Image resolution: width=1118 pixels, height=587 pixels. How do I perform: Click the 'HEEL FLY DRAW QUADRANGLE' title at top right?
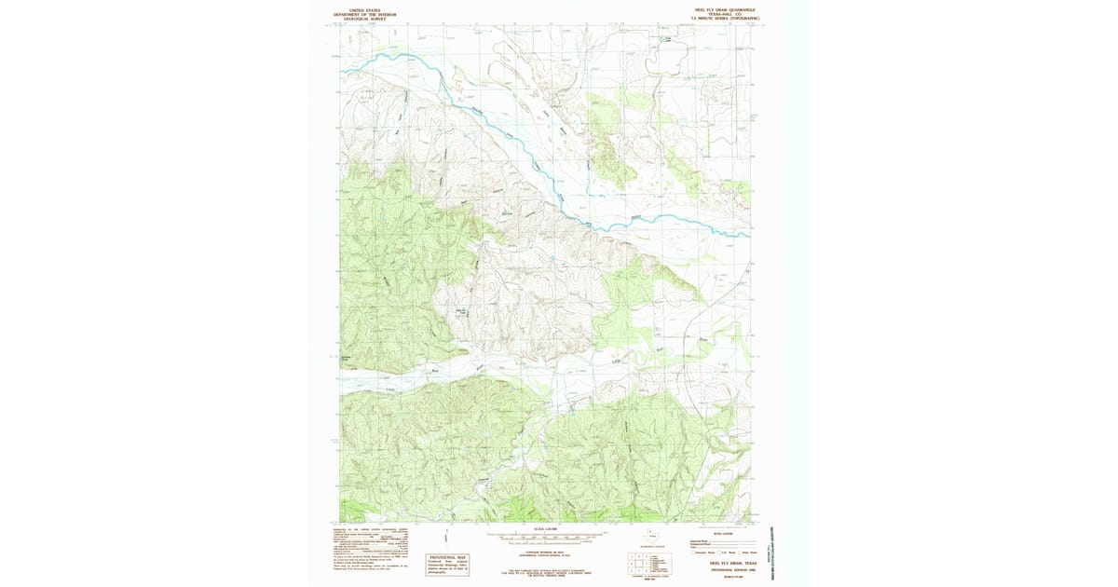pos(716,9)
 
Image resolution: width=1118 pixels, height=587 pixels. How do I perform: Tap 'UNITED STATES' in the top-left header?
pos(359,9)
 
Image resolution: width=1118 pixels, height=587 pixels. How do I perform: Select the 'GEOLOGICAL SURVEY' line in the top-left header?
pos(359,18)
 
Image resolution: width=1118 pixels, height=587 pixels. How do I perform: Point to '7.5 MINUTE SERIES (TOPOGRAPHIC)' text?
pos(716,19)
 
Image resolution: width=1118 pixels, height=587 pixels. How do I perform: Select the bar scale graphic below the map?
pos(545,538)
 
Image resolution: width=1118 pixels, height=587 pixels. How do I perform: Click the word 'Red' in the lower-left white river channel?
pos(434,371)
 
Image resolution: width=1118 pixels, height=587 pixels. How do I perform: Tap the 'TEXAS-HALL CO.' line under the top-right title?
pos(716,14)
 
